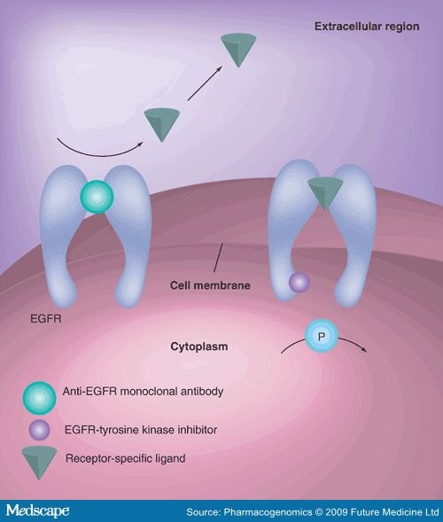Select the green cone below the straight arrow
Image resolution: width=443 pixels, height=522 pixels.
(164, 123)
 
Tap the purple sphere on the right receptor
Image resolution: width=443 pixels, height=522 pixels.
(299, 283)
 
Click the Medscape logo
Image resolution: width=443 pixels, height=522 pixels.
(42, 510)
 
